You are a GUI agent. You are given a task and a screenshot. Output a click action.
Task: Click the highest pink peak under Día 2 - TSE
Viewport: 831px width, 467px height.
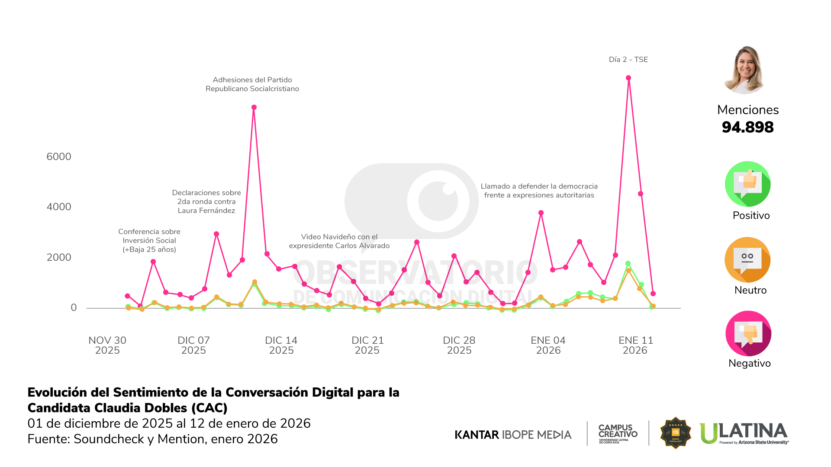click(628, 78)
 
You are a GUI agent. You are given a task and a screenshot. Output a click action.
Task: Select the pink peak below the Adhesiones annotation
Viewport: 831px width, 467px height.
click(254, 107)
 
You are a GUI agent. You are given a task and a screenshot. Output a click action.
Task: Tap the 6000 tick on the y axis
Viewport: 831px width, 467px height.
click(59, 157)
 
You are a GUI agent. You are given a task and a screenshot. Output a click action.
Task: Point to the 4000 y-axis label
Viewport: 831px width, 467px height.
click(59, 207)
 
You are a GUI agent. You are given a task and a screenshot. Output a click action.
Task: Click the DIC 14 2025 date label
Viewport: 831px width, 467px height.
click(281, 345)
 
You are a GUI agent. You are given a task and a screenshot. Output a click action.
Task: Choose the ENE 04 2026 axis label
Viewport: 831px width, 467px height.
click(548, 345)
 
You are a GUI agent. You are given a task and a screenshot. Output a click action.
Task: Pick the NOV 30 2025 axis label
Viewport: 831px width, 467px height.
click(107, 345)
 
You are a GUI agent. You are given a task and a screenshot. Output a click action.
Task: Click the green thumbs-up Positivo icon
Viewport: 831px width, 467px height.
click(747, 184)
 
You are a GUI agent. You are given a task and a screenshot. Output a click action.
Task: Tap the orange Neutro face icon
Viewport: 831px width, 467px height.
click(747, 259)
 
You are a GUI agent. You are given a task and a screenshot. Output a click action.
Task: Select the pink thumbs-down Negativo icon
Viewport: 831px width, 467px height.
click(748, 333)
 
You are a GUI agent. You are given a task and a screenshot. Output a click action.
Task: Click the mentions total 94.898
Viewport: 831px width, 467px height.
click(747, 127)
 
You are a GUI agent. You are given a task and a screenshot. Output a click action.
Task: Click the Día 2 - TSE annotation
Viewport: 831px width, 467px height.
click(628, 60)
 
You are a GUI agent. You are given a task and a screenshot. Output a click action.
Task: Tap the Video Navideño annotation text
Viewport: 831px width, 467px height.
click(339, 241)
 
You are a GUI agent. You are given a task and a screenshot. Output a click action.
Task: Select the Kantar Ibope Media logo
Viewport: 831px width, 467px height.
click(513, 435)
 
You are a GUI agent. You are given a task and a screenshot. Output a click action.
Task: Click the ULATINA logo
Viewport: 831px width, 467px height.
click(744, 433)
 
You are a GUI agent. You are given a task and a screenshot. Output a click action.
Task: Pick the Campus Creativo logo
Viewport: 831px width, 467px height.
click(618, 433)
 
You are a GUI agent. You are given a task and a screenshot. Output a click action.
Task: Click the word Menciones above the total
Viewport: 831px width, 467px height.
click(747, 110)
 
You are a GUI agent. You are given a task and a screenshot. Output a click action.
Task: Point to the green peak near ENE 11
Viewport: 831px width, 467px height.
click(628, 263)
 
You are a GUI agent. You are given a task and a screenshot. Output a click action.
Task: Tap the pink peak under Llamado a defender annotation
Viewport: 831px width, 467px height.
click(541, 213)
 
